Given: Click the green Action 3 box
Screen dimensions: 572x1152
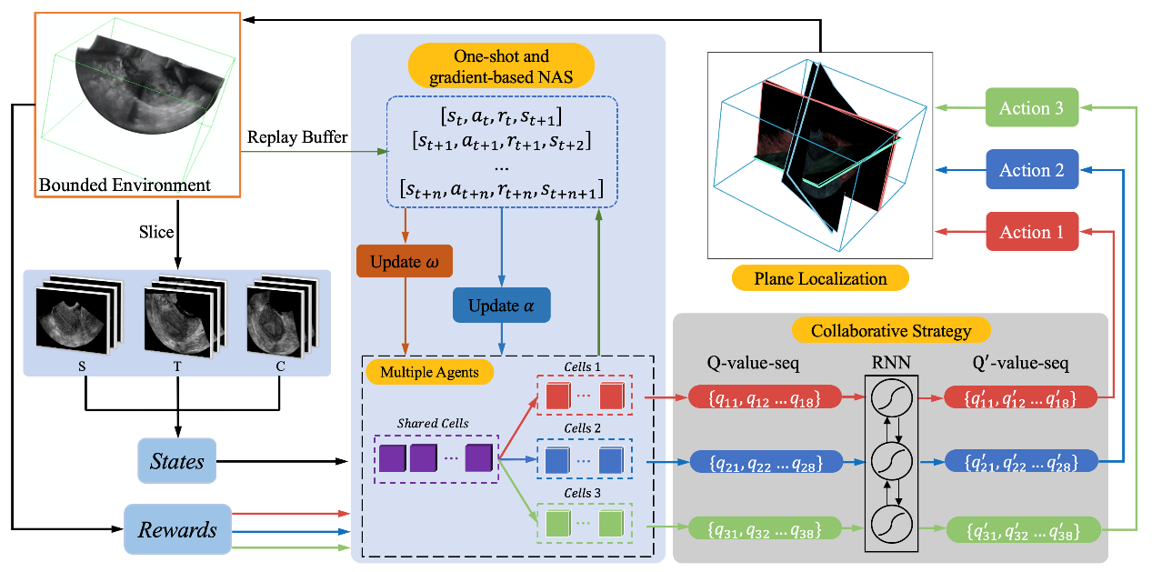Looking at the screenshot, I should [x=1031, y=107].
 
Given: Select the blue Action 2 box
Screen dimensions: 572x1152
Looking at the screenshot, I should [x=1031, y=170].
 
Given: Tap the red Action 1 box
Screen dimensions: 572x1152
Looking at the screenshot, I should [x=1031, y=232].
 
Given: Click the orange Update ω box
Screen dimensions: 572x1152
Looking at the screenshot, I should [x=404, y=263].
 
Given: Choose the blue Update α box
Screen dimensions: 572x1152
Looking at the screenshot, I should [x=501, y=306].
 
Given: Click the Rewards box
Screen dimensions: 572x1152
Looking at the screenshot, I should [x=177, y=529].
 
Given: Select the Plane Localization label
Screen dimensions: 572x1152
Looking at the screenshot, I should [x=820, y=278].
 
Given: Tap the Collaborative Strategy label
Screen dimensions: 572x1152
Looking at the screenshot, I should [x=890, y=330].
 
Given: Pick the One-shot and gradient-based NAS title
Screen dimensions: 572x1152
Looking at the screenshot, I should [x=501, y=66].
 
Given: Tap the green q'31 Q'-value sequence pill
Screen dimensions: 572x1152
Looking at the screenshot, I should [x=1022, y=528].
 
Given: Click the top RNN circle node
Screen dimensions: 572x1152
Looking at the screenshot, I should [x=890, y=396].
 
